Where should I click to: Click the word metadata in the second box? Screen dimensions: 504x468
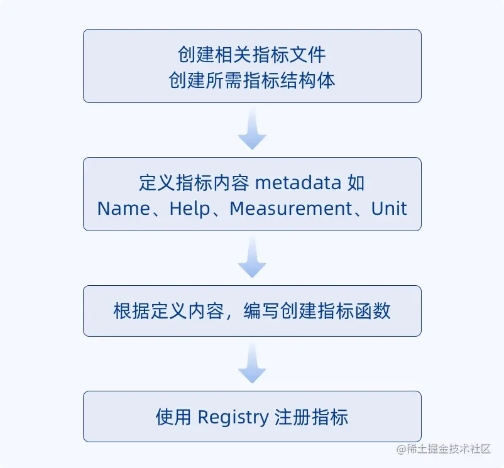coord(299,183)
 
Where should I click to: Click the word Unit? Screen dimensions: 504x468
coord(389,208)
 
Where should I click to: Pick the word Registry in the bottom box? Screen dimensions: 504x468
coord(233,417)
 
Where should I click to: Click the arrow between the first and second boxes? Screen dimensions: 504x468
coord(252,129)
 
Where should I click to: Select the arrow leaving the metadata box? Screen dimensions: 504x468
coord(252,258)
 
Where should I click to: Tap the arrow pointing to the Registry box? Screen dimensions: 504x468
coord(252,364)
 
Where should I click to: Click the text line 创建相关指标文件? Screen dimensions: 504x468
coord(252,55)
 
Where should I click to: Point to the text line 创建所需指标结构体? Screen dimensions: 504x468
coord(252,80)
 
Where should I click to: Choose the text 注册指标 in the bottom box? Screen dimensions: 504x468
coord(311,417)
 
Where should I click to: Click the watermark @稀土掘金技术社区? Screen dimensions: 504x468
coord(444,449)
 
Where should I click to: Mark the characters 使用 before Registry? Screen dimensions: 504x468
coord(173,417)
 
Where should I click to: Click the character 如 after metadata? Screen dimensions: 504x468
coord(356,183)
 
